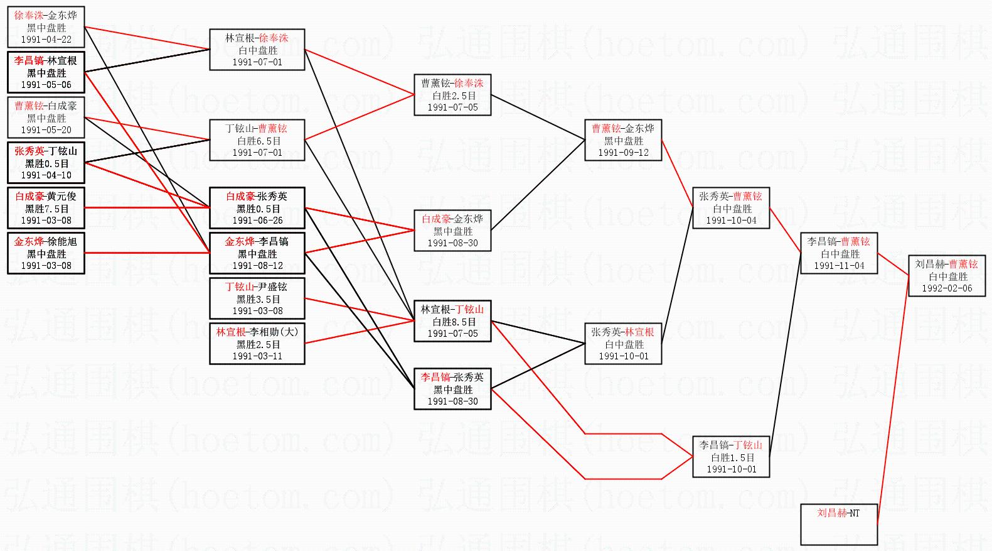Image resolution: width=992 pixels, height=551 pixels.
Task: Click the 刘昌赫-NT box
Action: click(x=838, y=524)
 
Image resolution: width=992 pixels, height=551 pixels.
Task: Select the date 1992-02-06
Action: click(x=947, y=288)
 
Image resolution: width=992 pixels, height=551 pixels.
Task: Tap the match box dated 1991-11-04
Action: click(x=838, y=253)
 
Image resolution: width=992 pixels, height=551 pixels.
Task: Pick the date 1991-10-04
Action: click(x=731, y=221)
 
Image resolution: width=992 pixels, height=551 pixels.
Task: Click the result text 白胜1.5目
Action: click(x=731, y=457)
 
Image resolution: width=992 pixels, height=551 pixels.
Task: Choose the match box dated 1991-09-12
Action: click(x=623, y=140)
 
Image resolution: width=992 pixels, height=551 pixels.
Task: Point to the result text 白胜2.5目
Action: click(x=452, y=95)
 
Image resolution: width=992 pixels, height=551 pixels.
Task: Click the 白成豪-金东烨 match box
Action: click(x=452, y=231)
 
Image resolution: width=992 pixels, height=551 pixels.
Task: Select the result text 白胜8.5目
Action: click(x=452, y=322)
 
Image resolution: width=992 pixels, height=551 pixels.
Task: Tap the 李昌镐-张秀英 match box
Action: click(x=452, y=389)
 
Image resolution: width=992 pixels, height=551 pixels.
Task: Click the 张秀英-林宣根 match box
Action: click(x=623, y=344)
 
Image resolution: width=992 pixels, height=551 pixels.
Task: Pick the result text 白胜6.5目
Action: click(x=257, y=141)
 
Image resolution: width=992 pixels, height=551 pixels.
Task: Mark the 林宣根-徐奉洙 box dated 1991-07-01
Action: click(x=257, y=50)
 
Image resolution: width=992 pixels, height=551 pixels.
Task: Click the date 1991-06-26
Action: click(x=257, y=221)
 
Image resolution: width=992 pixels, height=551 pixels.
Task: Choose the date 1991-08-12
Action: click(x=257, y=266)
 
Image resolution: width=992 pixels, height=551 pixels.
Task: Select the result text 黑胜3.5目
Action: click(x=257, y=299)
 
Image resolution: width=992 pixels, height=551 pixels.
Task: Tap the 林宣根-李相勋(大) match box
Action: click(x=257, y=344)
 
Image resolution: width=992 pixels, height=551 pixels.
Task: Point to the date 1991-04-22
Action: click(x=46, y=40)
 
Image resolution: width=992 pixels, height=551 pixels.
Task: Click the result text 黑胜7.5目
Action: click(x=46, y=209)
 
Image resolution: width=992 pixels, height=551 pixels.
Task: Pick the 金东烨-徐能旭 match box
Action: click(x=46, y=253)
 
